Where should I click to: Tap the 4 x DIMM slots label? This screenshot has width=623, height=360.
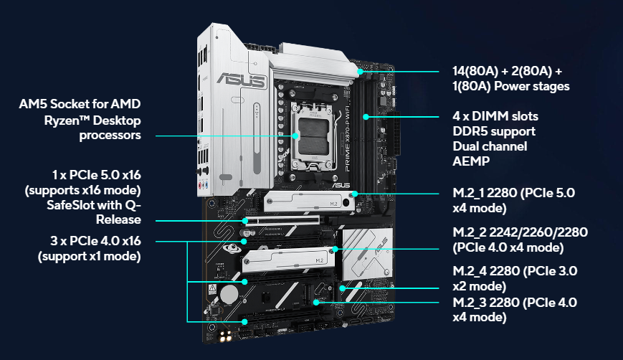495,115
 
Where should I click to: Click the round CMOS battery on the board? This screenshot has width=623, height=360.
229,294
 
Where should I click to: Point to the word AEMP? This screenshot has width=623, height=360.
471,161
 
